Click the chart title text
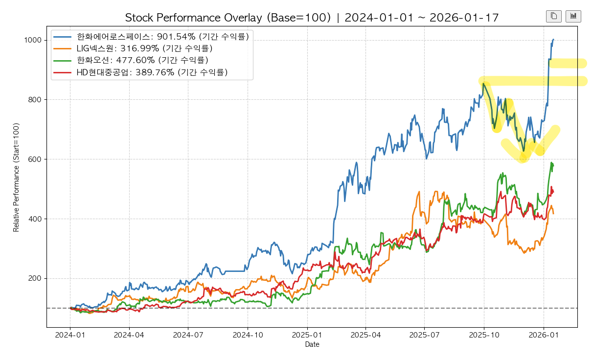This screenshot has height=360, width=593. point(312,18)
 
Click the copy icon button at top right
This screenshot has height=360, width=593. point(553,16)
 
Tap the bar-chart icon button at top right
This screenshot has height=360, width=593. point(573,16)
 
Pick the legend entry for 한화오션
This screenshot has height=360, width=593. point(142,60)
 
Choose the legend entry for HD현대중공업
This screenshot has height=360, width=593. point(152,72)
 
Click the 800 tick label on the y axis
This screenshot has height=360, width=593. point(35,100)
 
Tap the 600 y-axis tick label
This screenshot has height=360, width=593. point(35,159)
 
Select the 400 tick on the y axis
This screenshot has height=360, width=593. point(35,219)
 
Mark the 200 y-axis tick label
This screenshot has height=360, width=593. point(35,279)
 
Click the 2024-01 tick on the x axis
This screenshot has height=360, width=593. point(70,336)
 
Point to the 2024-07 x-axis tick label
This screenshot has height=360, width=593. point(188,336)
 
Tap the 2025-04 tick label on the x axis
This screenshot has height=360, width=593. point(365,336)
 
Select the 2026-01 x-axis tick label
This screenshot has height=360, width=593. point(544,336)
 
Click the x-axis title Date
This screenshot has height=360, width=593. point(312,345)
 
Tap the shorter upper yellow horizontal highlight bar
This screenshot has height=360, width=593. point(568,63)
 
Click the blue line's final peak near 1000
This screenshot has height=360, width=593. point(553,40)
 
